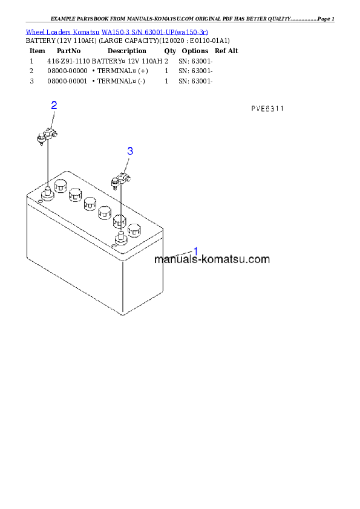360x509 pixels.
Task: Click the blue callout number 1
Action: tap(195, 251)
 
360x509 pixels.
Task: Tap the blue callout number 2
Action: tap(54, 105)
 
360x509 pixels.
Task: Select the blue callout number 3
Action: tap(129, 151)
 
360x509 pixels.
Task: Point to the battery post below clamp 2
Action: tap(47, 193)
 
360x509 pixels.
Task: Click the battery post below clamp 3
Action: tap(120, 236)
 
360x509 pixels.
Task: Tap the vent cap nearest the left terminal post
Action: tap(60, 185)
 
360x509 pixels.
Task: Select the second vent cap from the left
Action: tap(75, 195)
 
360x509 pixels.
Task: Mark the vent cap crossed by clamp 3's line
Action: tap(120, 221)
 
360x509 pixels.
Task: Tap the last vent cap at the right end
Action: tap(134, 229)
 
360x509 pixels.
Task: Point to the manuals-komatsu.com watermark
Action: tap(212, 260)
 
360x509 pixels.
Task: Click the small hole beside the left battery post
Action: tap(40, 200)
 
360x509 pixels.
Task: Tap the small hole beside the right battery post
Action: tap(114, 246)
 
